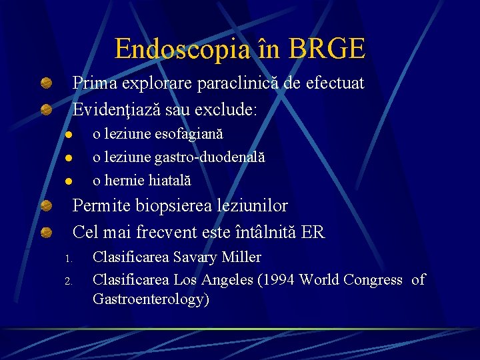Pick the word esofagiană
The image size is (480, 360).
coord(189,134)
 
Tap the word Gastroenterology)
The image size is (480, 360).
coord(151,299)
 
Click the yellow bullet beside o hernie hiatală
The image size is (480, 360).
coord(68,181)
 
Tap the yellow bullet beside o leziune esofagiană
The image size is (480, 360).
coord(68,135)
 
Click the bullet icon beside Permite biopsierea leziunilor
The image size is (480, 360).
coord(46,206)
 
